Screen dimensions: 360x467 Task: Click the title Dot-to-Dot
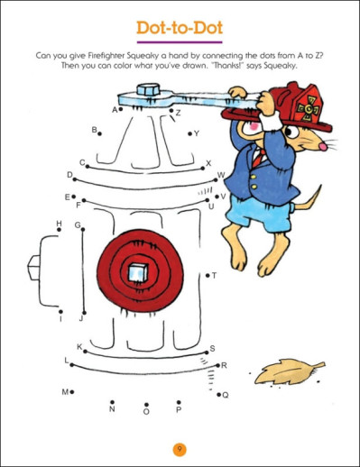(x=180, y=28)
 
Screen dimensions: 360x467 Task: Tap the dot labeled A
(x=121, y=109)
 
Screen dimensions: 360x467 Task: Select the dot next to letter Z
(x=171, y=111)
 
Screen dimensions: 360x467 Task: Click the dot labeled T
(x=208, y=275)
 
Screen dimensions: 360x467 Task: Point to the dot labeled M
(x=72, y=392)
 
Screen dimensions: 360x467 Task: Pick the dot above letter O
(x=146, y=405)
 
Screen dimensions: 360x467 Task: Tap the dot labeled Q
(x=219, y=394)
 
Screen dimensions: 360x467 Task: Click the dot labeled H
(x=60, y=230)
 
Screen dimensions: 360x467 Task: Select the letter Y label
(x=197, y=133)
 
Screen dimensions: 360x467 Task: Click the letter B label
(x=95, y=130)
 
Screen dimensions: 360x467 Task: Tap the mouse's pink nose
(x=323, y=147)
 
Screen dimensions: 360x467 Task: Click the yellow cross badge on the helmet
(x=308, y=108)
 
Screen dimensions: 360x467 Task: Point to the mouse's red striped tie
(x=258, y=158)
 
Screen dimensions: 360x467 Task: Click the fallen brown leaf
(x=289, y=371)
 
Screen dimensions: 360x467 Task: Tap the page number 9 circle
(x=180, y=450)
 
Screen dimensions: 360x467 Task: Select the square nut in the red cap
(x=138, y=272)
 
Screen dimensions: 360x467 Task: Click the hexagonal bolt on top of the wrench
(x=148, y=89)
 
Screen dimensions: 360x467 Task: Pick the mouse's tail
(x=308, y=199)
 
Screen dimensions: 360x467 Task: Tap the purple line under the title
(x=180, y=42)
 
